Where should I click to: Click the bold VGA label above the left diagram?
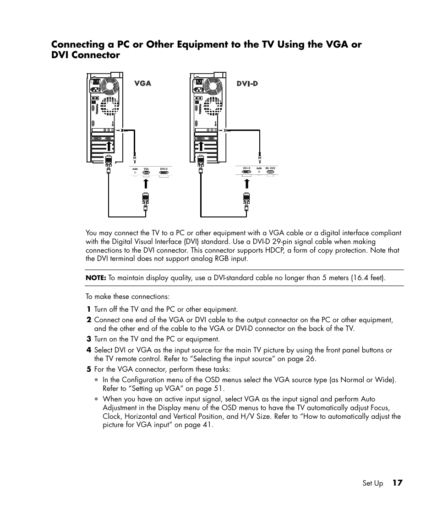click(142, 84)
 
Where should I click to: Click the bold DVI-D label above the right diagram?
click(247, 84)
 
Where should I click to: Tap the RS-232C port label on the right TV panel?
click(270, 168)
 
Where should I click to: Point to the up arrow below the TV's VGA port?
click(146, 184)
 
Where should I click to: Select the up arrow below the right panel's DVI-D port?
click(246, 184)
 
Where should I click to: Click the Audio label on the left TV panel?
click(135, 169)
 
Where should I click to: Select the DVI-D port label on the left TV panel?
click(164, 169)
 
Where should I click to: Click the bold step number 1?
click(89, 309)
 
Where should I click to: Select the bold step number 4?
click(89, 350)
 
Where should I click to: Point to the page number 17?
click(397, 483)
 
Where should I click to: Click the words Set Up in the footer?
click(372, 483)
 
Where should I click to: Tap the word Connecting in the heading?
click(81, 44)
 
